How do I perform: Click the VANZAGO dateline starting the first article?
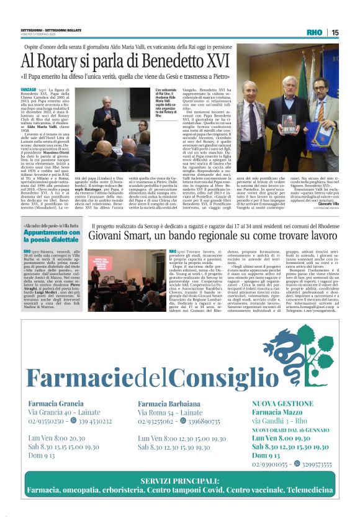click(x=30, y=90)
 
